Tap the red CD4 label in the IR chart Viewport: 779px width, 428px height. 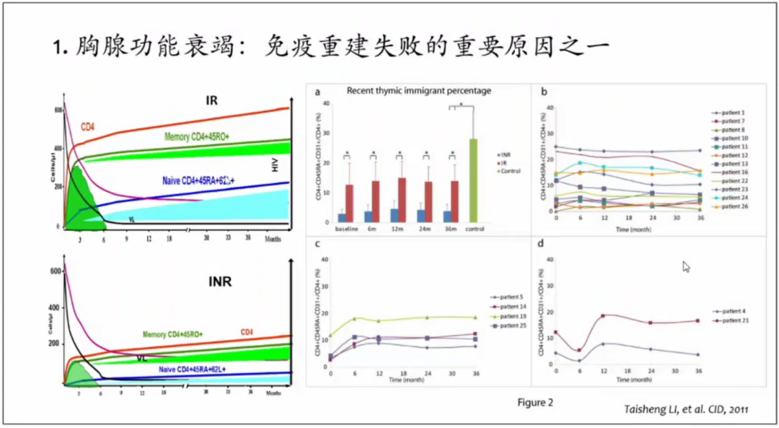click(87, 127)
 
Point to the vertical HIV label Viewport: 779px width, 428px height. click(275, 165)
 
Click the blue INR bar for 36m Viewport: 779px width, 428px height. click(447, 217)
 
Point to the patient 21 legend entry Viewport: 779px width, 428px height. click(729, 320)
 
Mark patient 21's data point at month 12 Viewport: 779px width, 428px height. click(602, 315)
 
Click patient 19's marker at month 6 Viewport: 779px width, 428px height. click(354, 318)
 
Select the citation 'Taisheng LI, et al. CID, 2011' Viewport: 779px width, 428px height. click(685, 410)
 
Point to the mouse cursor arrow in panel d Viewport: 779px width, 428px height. click(687, 267)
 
